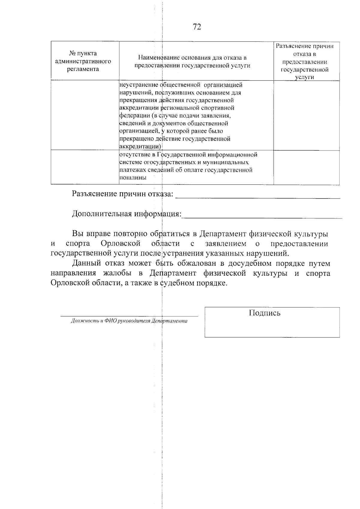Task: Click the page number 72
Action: point(197,27)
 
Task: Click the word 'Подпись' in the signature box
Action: point(265,313)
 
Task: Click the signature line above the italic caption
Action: point(129,316)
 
